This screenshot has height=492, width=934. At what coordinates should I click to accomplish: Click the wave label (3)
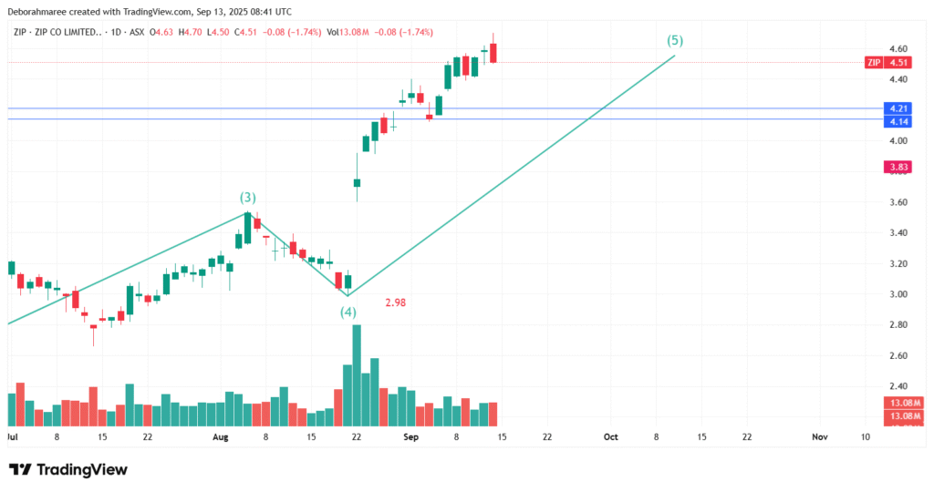point(247,198)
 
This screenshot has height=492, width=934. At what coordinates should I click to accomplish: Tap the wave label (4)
point(348,313)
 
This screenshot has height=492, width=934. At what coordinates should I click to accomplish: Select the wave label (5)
point(675,41)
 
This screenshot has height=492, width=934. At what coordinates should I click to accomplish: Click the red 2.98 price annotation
point(395,302)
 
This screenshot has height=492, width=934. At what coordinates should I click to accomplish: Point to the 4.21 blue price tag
point(898,108)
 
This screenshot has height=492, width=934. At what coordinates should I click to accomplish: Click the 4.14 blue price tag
point(898,120)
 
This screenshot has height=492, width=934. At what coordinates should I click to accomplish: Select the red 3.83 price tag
point(898,167)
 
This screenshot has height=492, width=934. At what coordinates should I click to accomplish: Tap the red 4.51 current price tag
point(899,63)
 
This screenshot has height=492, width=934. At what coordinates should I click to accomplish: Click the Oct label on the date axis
point(611,437)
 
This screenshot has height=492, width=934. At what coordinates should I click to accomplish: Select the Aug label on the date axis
point(219,437)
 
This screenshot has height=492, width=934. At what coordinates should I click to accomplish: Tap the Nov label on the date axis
point(819,437)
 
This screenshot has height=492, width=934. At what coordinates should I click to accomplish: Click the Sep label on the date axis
point(410,437)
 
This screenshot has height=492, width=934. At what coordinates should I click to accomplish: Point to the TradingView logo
point(67,469)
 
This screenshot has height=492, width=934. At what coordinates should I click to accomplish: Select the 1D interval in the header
point(115,33)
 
